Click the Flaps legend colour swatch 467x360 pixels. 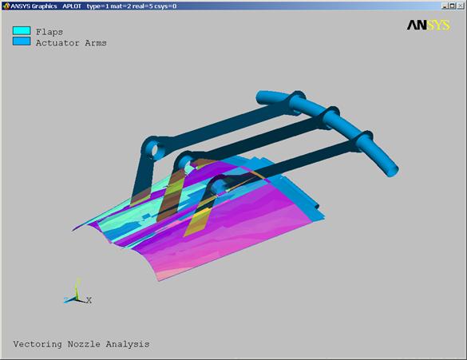click(22, 30)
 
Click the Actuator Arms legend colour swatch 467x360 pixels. click(22, 41)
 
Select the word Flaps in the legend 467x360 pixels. click(49, 32)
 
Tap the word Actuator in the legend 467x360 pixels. click(57, 43)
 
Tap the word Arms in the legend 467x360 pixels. click(96, 43)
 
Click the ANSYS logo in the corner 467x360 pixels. click(428, 26)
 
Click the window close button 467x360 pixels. click(460, 6)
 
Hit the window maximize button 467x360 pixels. click(453, 6)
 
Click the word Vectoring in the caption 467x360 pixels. click(38, 344)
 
